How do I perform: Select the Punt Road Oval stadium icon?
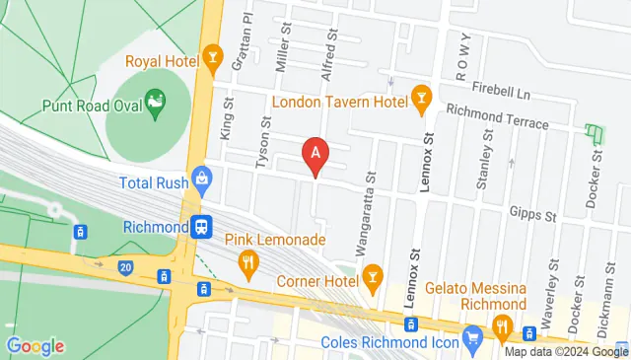click(155, 102)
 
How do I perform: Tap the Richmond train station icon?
click(202, 227)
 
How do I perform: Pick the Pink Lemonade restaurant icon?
click(247, 262)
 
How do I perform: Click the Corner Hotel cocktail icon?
click(372, 278)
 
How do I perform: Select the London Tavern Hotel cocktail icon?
click(422, 97)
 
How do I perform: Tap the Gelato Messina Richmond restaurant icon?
click(504, 327)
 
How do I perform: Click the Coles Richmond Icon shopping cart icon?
click(473, 336)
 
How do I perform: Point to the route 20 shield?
click(123, 266)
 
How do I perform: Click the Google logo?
click(35, 345)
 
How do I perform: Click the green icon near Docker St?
click(593, 132)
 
